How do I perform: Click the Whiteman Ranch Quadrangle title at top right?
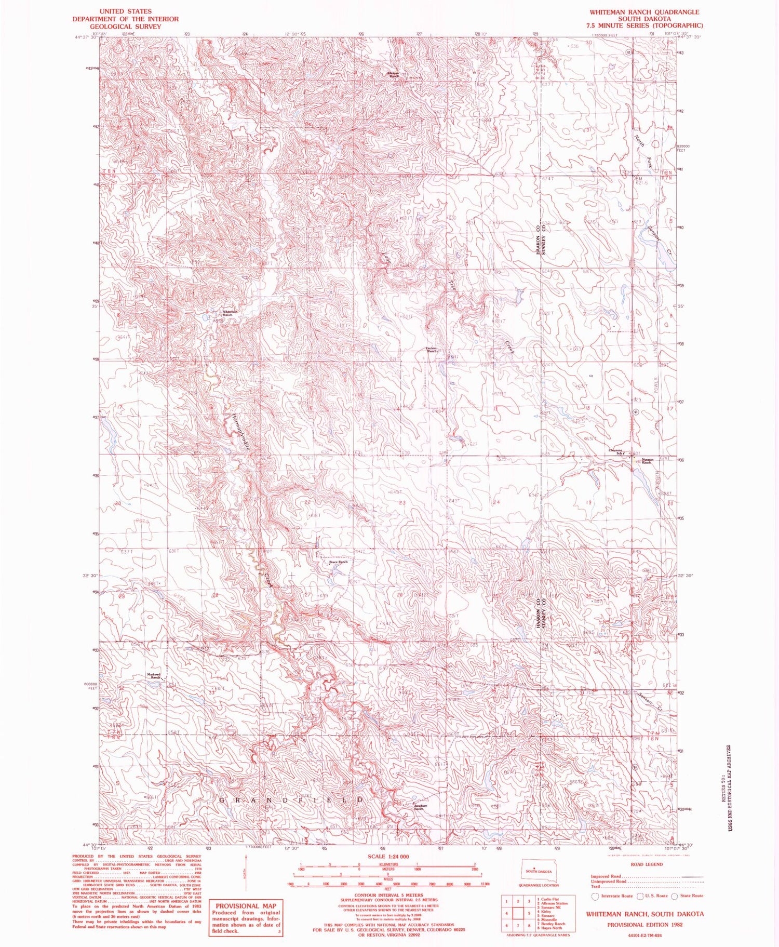(644, 11)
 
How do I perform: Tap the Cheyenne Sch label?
(616, 451)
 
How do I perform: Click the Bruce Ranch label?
(338, 562)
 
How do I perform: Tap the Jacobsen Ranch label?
(421, 807)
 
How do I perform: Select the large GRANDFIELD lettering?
(291, 801)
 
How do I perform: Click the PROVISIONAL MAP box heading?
(245, 906)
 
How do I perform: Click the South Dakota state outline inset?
(538, 871)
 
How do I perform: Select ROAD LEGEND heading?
(646, 864)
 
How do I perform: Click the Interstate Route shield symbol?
(596, 896)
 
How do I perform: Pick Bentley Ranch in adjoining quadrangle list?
(553, 924)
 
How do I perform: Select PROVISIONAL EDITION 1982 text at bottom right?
(645, 925)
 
